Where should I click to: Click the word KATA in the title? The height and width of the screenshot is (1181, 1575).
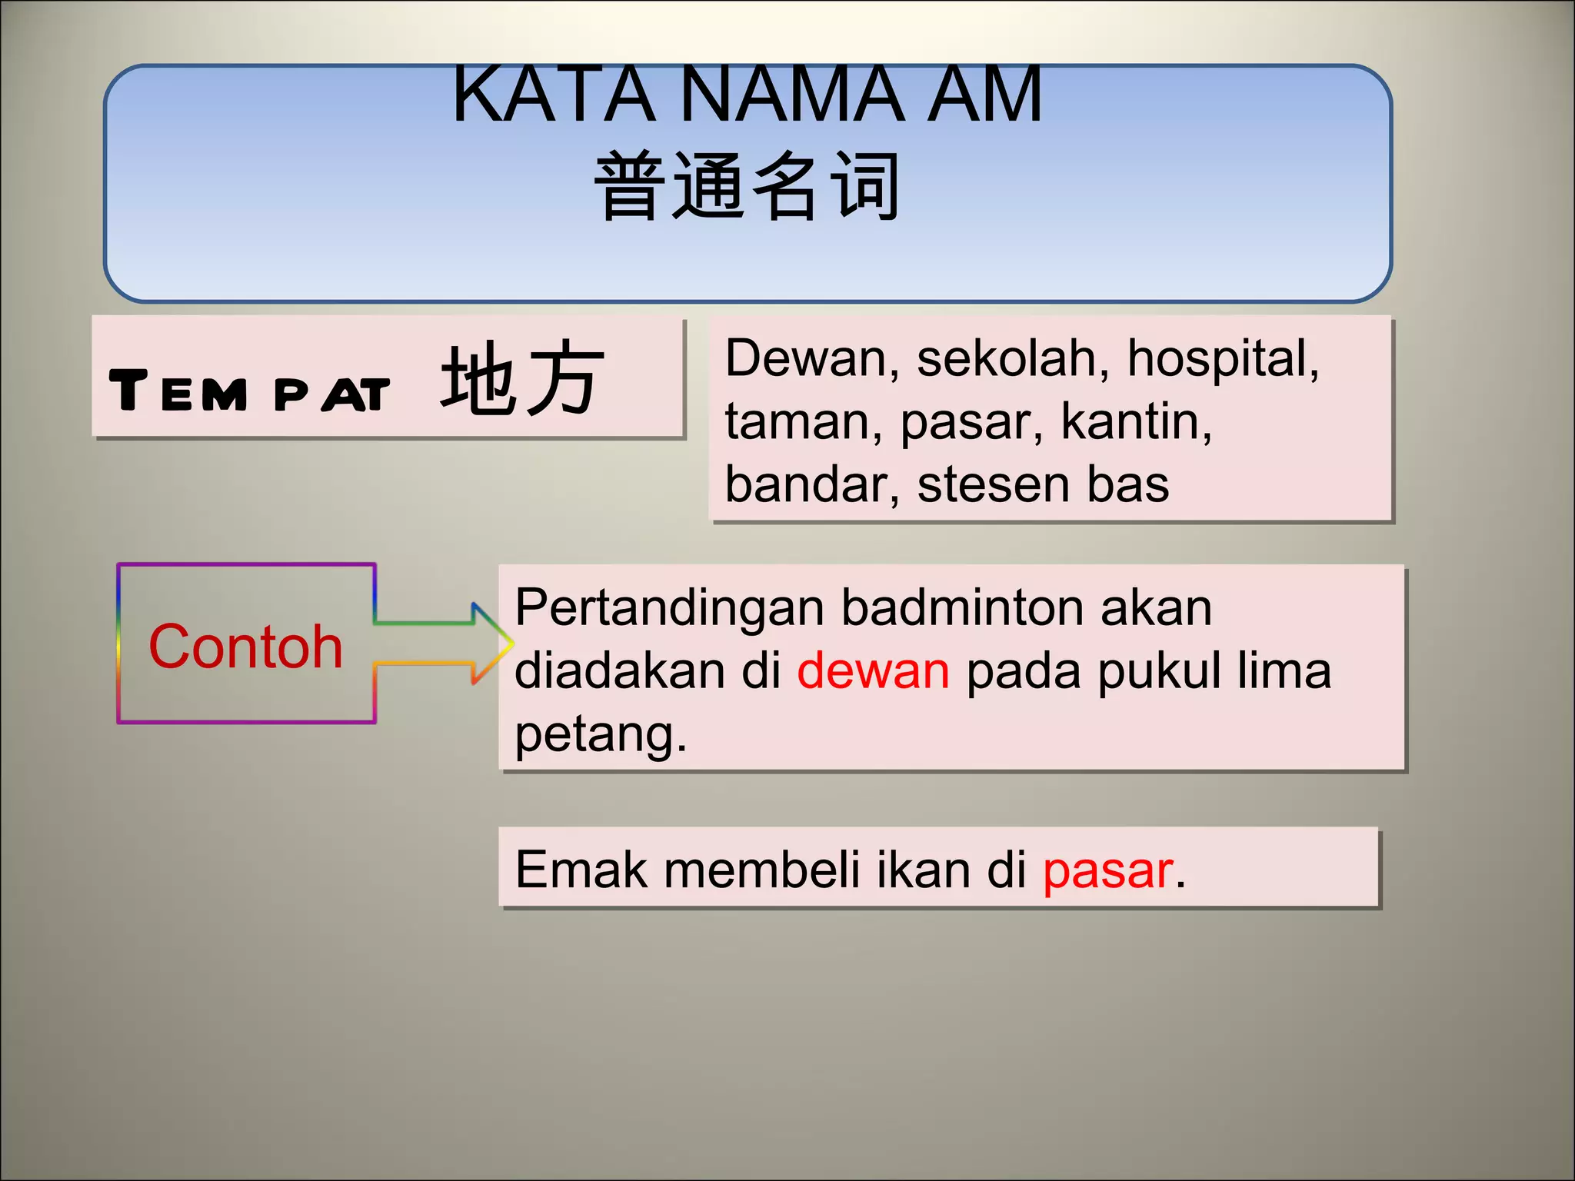click(554, 95)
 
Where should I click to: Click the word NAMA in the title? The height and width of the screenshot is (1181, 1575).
click(792, 95)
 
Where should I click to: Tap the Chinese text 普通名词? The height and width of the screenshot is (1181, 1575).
click(747, 187)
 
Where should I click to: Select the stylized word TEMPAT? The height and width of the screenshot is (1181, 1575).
click(249, 392)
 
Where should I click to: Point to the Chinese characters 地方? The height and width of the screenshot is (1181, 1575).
click(522, 378)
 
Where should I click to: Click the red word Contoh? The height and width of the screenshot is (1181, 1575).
click(245, 647)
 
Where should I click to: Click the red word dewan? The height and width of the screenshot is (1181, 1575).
click(873, 670)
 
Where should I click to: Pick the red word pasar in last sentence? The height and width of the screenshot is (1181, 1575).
click(1108, 871)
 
